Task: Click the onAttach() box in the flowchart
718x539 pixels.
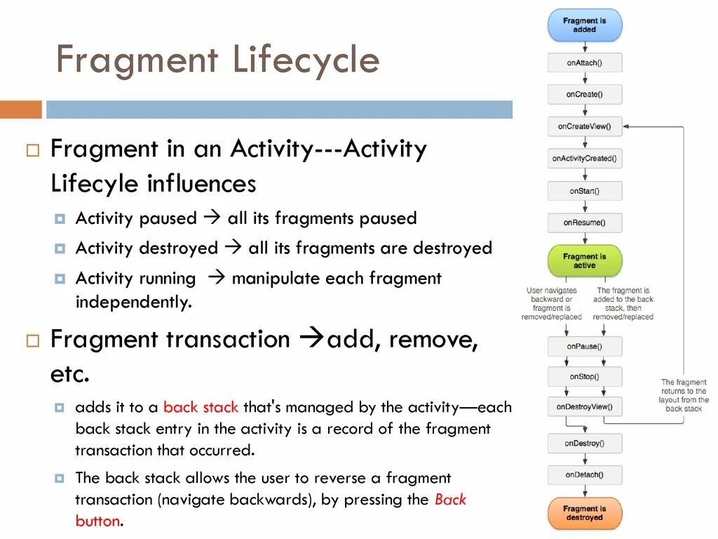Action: point(584,62)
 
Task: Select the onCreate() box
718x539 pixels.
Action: point(584,94)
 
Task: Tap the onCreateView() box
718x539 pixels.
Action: point(584,126)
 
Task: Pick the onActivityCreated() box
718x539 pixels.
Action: point(584,159)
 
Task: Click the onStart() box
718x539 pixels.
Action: point(584,191)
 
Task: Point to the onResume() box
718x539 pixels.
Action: point(584,223)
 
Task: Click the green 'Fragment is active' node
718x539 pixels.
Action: point(584,261)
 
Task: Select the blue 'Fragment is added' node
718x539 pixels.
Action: point(584,25)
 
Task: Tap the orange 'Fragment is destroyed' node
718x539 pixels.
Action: point(584,513)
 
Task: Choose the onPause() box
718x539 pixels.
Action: point(584,346)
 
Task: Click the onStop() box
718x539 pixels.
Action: point(584,377)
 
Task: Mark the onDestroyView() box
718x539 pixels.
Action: point(584,406)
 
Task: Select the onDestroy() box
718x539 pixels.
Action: point(584,444)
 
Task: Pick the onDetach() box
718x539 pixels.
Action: point(584,475)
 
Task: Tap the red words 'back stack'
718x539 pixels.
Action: point(201,407)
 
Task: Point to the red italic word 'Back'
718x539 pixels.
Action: point(450,500)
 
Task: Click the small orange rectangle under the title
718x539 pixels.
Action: point(20,109)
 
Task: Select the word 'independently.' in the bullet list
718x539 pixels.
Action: point(133,302)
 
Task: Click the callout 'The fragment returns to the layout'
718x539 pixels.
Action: point(684,396)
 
